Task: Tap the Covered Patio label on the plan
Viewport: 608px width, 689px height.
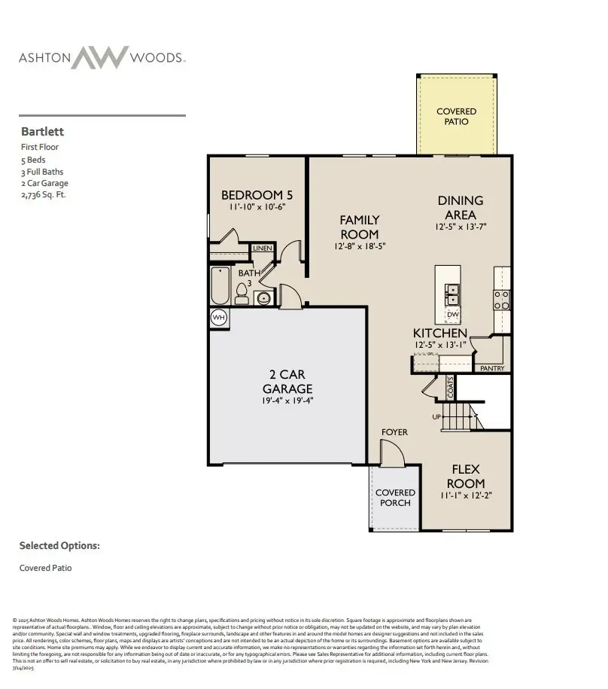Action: click(456, 117)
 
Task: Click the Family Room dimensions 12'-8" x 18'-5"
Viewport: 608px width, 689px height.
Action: click(359, 247)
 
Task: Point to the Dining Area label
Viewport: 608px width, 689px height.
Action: click(461, 208)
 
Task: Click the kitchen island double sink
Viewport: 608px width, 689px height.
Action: click(452, 291)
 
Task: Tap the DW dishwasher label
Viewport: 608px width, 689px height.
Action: click(452, 315)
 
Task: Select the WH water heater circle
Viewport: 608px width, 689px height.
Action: click(218, 318)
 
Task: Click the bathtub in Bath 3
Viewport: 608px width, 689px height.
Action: click(219, 288)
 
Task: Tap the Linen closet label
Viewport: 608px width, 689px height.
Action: click(262, 248)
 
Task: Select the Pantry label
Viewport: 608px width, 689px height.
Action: click(492, 368)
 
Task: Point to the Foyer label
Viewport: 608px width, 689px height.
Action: click(394, 432)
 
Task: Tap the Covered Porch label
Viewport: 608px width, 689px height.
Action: click(395, 498)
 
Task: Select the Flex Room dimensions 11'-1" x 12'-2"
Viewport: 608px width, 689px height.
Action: click(466, 496)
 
